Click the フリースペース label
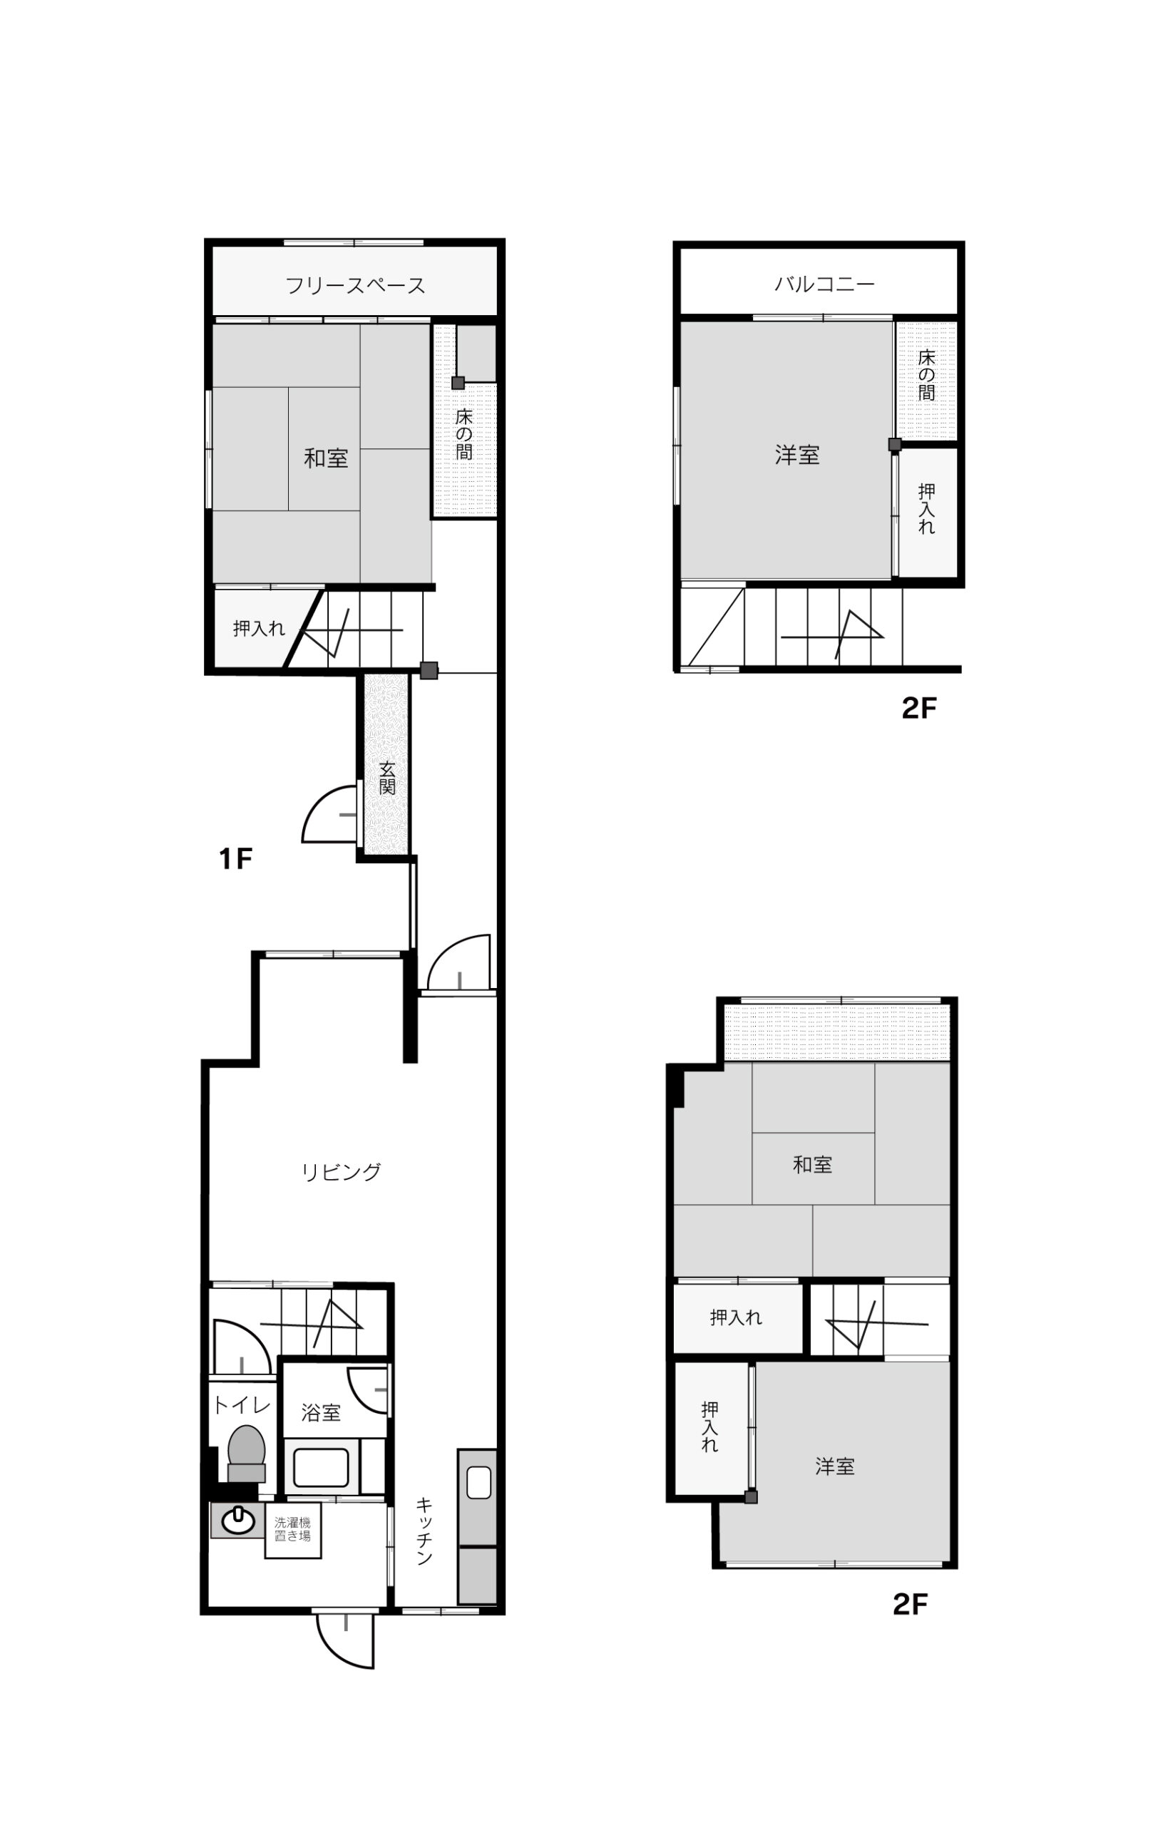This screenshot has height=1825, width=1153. click(355, 286)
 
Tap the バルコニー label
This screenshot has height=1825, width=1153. click(824, 284)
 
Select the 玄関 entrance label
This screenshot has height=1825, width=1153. click(387, 777)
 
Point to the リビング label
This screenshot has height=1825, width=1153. click(341, 1172)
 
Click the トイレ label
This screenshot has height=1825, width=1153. click(241, 1404)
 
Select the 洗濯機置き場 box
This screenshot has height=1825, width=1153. click(292, 1531)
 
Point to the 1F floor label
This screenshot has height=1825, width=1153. click(235, 859)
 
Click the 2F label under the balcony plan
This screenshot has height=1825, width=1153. click(918, 708)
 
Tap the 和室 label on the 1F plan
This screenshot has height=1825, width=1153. click(326, 458)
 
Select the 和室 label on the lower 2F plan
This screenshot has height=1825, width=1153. click(813, 1164)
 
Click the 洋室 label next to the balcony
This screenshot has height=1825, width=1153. click(797, 455)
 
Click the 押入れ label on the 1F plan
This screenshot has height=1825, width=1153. click(260, 627)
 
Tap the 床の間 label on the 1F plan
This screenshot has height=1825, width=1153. click(464, 434)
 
